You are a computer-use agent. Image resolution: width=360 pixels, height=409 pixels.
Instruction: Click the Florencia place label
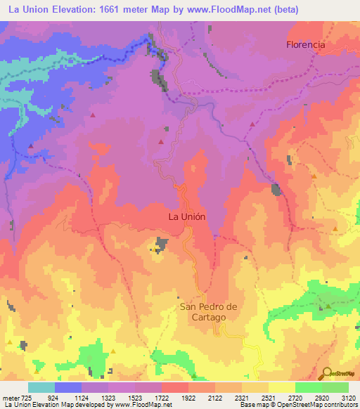306,44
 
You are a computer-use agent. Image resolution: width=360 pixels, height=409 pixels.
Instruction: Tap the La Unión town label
187,217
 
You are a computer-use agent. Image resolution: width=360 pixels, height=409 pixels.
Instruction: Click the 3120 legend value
348,398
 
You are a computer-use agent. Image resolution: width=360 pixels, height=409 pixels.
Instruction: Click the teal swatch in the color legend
41,387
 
